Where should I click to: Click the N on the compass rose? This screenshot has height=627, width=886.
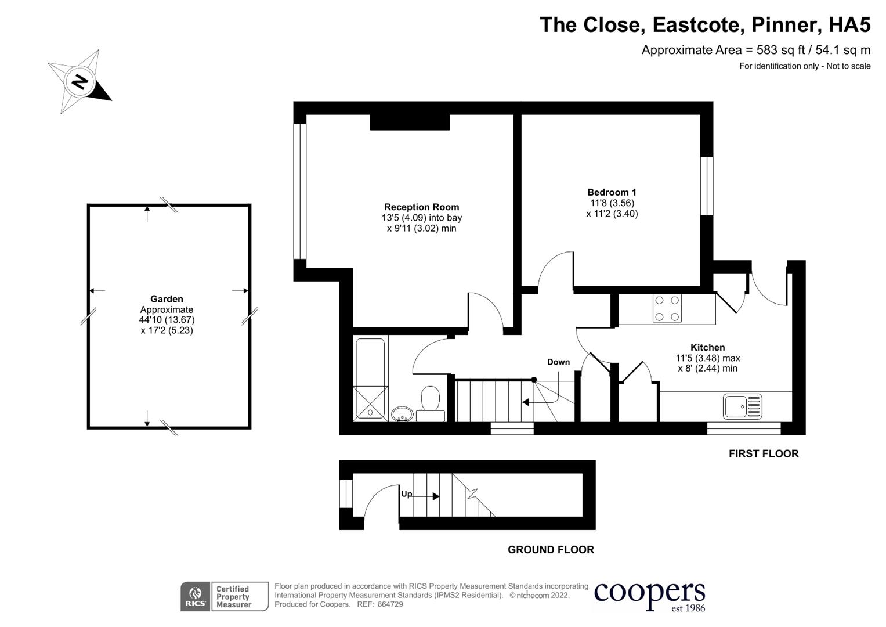(80, 82)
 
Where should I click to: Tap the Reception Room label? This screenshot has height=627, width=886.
(422, 207)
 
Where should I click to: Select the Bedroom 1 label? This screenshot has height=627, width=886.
(612, 192)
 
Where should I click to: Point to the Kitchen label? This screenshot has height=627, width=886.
(708, 347)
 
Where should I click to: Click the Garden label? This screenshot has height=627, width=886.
(167, 299)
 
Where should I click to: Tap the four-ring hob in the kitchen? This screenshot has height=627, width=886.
(667, 308)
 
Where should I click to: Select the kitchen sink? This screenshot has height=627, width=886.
(743, 406)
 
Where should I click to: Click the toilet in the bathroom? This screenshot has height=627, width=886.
(431, 403)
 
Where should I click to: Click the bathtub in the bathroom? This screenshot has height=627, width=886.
(370, 379)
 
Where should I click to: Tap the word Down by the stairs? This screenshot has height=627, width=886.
(559, 362)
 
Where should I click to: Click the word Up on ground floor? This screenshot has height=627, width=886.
(407, 494)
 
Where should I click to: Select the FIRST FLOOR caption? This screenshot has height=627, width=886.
(764, 453)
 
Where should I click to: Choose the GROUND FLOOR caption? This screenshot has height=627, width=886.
(551, 549)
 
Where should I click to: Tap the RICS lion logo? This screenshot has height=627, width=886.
(196, 597)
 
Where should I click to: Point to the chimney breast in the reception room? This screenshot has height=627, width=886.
(410, 122)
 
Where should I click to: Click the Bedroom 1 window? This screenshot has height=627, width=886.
(707, 186)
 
